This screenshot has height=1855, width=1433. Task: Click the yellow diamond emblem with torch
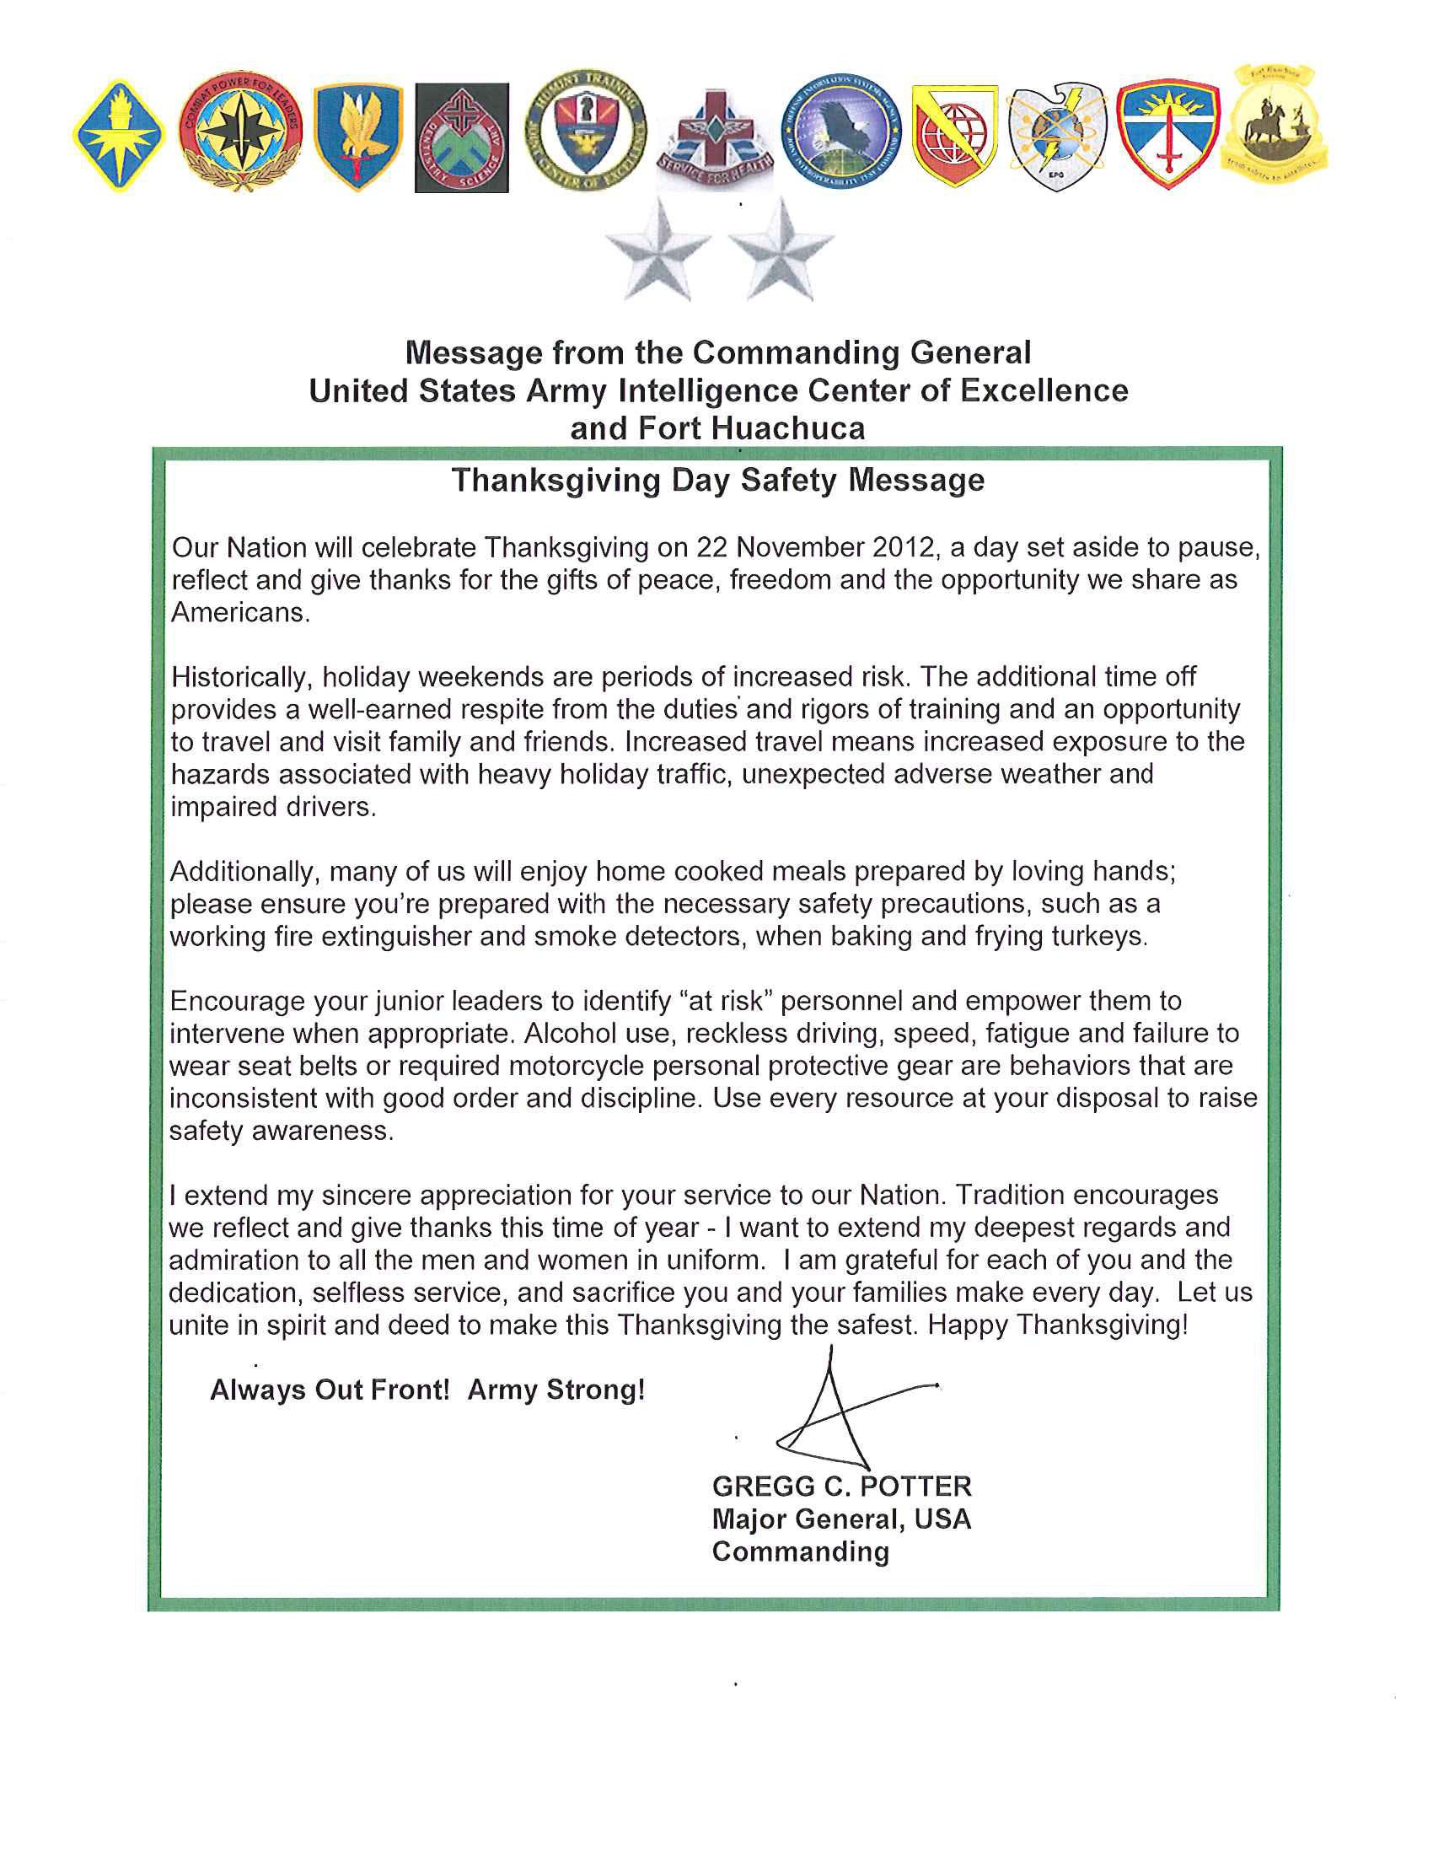point(119,136)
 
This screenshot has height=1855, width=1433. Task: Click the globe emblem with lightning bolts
point(1056,136)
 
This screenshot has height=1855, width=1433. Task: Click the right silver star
point(781,249)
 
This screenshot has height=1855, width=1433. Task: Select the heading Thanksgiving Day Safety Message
point(717,481)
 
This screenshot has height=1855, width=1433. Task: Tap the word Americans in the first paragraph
point(239,612)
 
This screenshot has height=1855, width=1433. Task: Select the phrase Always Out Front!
point(330,1390)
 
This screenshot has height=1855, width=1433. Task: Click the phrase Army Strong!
point(556,1390)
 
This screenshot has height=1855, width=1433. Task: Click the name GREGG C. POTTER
point(841,1487)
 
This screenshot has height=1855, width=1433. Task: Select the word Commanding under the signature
point(800,1551)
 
